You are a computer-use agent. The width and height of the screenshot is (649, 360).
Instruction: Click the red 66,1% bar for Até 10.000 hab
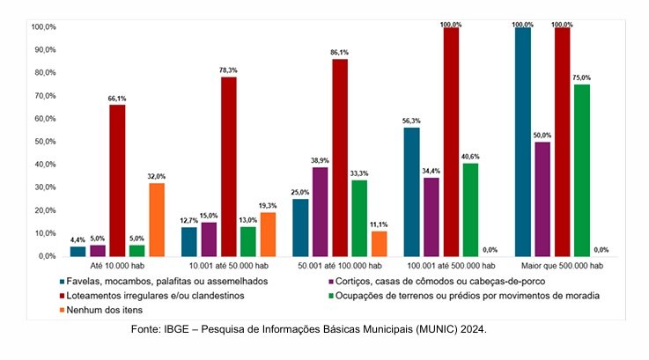117,180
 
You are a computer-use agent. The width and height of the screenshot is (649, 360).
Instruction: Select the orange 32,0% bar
156,219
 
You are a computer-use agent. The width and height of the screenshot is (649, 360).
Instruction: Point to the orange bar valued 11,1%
379,243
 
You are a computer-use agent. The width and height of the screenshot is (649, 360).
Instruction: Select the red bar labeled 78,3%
229,166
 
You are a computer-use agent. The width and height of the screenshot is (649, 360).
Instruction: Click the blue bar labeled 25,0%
301,227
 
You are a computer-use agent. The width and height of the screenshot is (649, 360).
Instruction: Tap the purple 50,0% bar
542,199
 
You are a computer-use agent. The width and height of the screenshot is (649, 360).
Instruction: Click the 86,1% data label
339,52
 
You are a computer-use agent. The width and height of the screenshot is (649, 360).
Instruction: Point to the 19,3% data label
268,205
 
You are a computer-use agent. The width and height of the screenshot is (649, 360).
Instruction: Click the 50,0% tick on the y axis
44,142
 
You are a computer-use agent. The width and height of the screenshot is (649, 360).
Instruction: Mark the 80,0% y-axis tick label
44,72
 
